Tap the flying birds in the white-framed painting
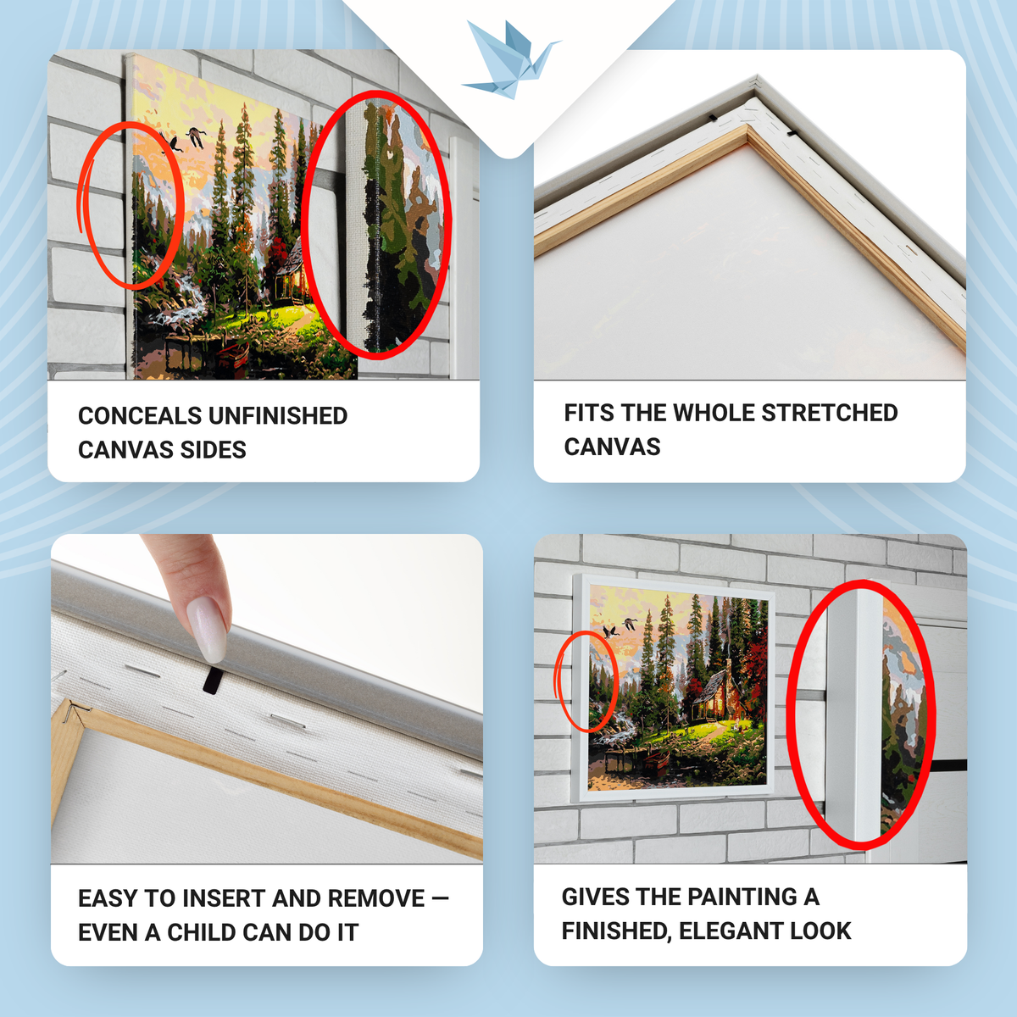pos(620,628)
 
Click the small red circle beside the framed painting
pos(586,681)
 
